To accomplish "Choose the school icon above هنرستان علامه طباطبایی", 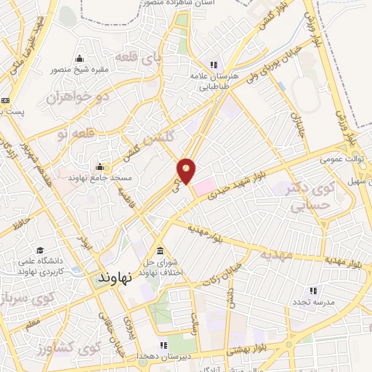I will click(x=214, y=64).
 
